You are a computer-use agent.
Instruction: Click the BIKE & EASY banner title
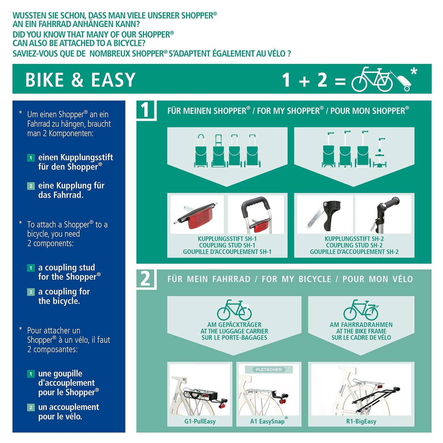click(80, 80)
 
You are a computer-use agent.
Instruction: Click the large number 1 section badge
click(145, 110)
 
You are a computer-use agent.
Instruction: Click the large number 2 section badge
click(145, 279)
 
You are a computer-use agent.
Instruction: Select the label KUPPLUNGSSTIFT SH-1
click(227, 239)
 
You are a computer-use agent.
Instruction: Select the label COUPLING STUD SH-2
click(354, 245)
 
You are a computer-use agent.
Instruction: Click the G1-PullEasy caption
click(200, 421)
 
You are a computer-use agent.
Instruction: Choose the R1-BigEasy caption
click(361, 421)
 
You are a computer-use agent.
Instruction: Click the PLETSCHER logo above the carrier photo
click(269, 370)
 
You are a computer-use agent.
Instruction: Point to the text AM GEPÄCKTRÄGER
click(234, 325)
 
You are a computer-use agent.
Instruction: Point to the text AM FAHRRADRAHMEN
click(361, 325)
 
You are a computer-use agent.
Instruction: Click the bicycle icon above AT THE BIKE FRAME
click(361, 310)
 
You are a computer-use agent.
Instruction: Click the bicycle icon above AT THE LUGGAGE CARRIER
click(234, 310)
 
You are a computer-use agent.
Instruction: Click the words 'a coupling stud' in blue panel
click(67, 267)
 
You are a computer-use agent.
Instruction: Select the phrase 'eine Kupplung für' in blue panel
click(71, 185)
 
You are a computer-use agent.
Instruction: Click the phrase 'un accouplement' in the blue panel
click(68, 407)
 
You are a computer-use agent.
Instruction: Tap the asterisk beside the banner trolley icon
click(414, 72)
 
